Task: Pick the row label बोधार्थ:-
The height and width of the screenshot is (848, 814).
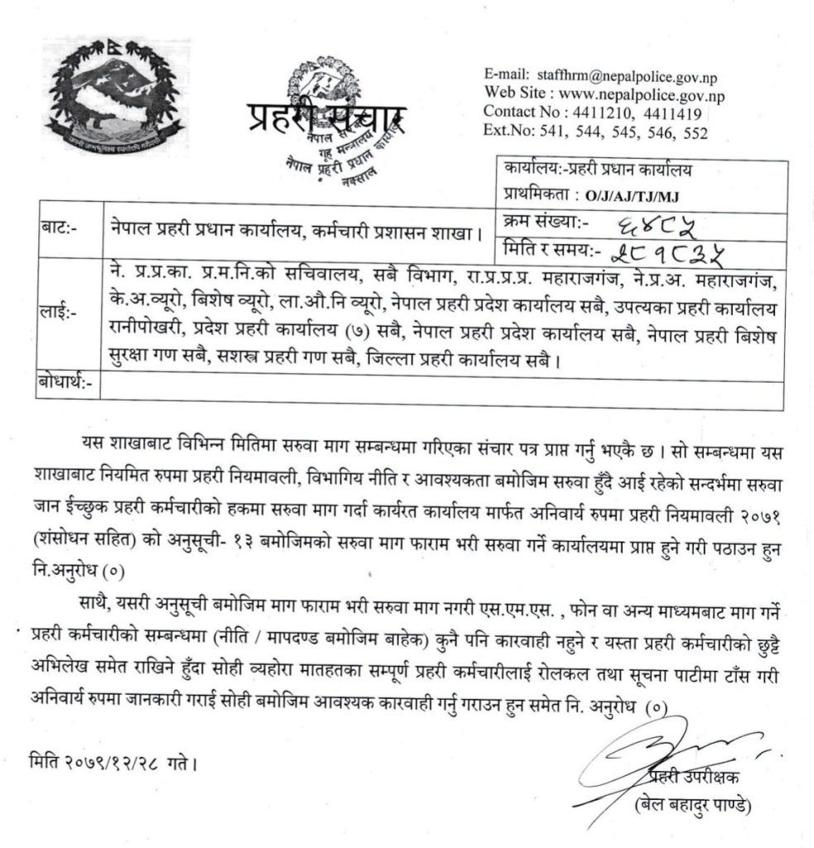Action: (65, 382)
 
